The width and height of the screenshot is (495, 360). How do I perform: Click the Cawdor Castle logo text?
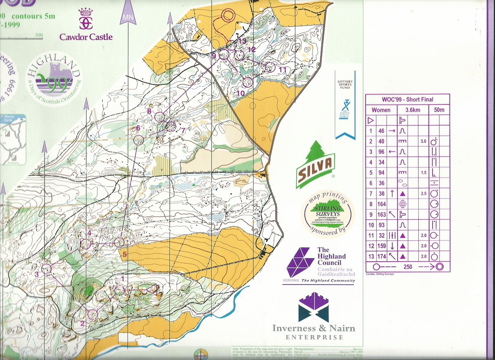click(x=86, y=37)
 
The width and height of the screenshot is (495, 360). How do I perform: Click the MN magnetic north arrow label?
click(x=128, y=18)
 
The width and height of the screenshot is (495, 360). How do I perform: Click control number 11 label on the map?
click(x=282, y=69)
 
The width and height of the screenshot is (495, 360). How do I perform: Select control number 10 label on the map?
click(x=241, y=93)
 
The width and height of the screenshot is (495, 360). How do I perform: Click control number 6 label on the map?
click(x=138, y=128)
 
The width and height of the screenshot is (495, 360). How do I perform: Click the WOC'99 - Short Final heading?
click(x=407, y=99)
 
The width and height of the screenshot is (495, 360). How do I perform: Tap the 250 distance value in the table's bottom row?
click(x=408, y=267)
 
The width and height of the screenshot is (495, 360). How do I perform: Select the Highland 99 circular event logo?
click(x=53, y=78)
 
